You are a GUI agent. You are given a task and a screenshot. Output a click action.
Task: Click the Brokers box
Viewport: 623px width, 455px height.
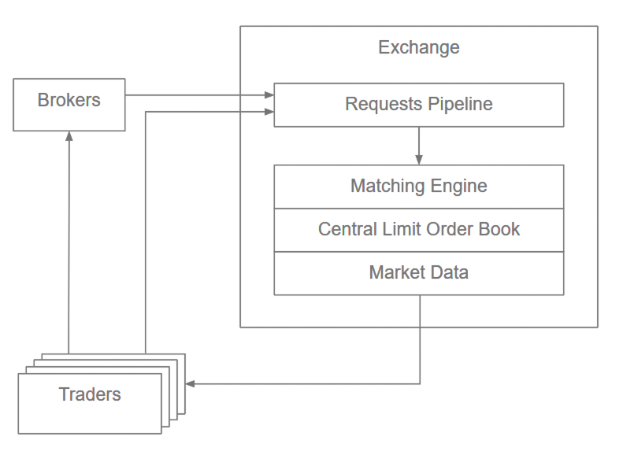click(69, 104)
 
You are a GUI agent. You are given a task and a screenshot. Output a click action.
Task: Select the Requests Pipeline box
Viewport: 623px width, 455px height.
click(418, 105)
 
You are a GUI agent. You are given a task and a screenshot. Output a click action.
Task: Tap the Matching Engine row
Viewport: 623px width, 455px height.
click(418, 187)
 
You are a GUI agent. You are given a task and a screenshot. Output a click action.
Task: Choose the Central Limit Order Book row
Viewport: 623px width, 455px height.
click(418, 230)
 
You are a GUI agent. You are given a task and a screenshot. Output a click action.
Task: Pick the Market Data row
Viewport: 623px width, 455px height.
click(418, 273)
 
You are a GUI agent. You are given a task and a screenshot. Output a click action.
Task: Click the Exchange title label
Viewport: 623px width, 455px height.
click(418, 47)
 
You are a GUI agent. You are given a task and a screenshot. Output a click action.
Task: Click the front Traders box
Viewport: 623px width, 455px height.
click(90, 403)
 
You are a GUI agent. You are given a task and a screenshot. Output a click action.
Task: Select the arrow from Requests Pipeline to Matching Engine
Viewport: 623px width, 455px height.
click(419, 145)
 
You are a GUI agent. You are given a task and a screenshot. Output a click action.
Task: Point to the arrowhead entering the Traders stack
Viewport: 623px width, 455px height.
click(190, 384)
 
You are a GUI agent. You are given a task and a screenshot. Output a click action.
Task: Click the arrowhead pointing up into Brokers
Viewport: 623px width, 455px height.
click(69, 136)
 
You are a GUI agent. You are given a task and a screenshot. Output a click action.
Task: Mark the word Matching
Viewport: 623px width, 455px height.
click(388, 187)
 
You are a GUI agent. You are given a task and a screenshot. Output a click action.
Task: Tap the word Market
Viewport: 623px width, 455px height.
click(398, 273)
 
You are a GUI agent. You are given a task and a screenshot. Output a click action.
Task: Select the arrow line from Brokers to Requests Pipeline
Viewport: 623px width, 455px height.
click(197, 95)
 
